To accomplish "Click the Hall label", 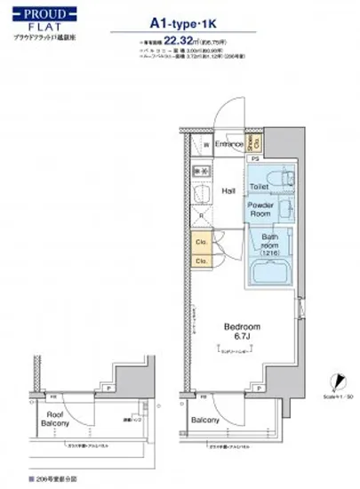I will click(228, 189).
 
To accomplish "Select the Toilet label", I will click(259, 187).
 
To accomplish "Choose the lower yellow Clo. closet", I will click(202, 260).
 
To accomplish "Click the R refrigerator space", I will click(203, 214).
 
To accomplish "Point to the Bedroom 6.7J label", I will click(242, 333).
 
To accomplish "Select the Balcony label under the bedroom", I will click(206, 420).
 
